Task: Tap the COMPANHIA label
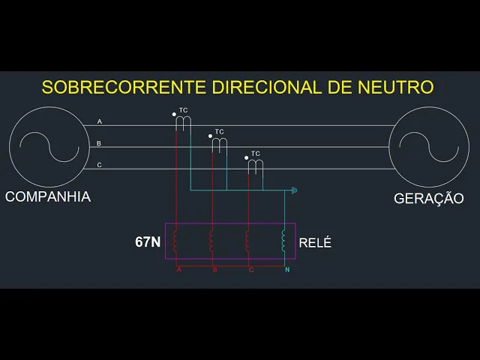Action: [x=48, y=197]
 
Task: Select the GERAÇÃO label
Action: [x=429, y=199]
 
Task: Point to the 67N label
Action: [x=148, y=242]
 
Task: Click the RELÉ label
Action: [x=315, y=243]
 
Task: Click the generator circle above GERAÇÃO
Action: [x=428, y=145]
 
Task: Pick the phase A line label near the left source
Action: [x=100, y=121]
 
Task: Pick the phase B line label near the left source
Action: [x=100, y=143]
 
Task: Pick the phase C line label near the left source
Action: [x=100, y=165]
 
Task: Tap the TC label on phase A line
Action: [x=184, y=111]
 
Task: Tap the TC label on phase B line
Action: [x=220, y=132]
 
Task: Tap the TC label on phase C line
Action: [x=256, y=154]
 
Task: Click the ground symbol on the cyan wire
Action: [x=295, y=190]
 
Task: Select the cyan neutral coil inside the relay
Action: [x=283, y=241]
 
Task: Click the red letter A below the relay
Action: [x=179, y=269]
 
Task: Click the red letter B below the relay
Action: [x=214, y=269]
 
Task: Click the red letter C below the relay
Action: [x=250, y=269]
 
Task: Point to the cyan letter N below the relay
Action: [x=287, y=269]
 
